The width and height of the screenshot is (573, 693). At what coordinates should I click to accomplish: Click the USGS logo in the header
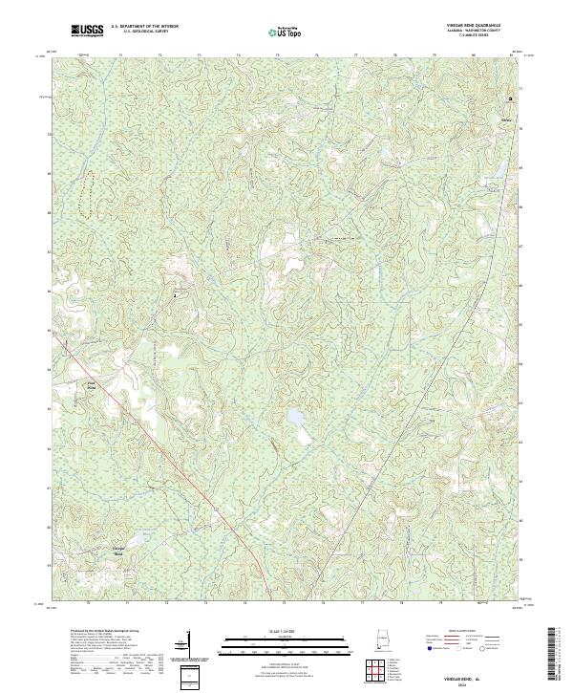click(x=88, y=32)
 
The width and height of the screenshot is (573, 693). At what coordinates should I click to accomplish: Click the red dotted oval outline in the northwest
click(x=87, y=196)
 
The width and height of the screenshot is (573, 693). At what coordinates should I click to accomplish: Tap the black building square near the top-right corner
click(x=510, y=98)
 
